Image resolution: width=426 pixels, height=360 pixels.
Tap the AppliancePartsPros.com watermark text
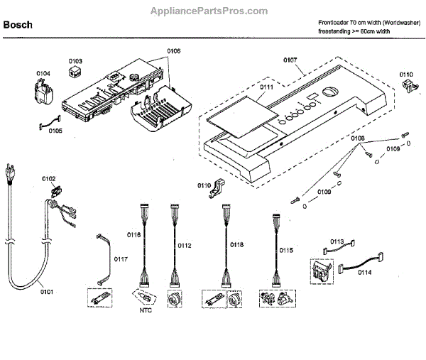pos(210,11)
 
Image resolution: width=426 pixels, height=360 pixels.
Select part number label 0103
pos(75,61)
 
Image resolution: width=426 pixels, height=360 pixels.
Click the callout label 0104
pos(43,73)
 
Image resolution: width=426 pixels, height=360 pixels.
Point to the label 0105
pos(55,131)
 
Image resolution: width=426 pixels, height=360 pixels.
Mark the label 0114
pos(364,272)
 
